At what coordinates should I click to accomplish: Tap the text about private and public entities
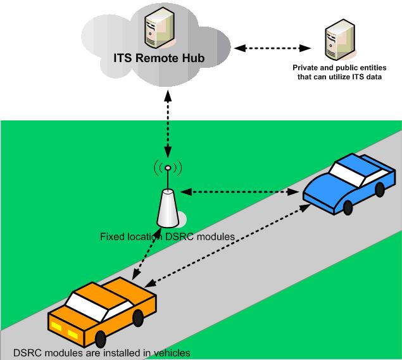coord(337,72)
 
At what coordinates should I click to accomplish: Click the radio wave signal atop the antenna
coord(168,169)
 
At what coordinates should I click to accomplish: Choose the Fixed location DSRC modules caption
coord(168,237)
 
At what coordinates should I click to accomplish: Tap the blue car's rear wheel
coord(379,189)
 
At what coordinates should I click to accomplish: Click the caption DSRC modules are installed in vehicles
coord(101,353)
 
